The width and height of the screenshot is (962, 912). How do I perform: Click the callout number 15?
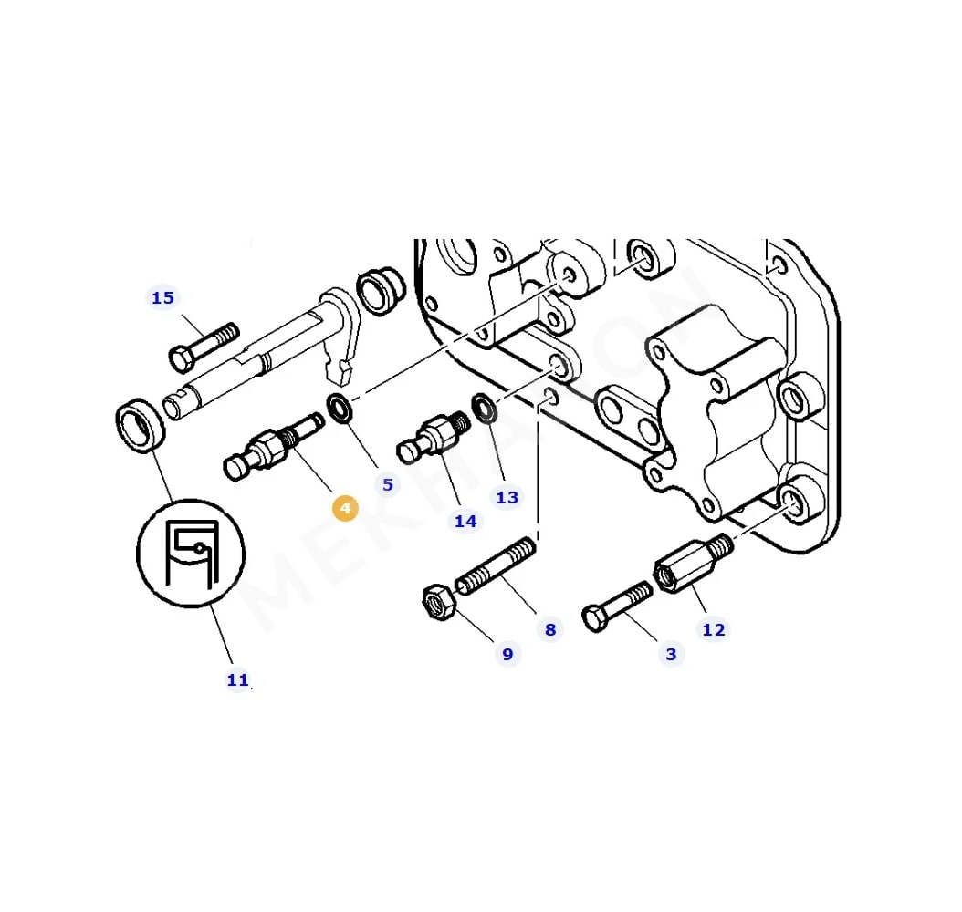click(x=162, y=298)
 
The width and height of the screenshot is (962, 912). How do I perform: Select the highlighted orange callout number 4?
click(x=345, y=509)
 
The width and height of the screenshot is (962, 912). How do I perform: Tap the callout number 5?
click(x=388, y=484)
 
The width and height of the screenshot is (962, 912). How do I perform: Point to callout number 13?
click(x=507, y=497)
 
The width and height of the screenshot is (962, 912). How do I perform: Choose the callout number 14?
click(x=465, y=521)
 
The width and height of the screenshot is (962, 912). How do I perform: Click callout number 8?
click(x=549, y=629)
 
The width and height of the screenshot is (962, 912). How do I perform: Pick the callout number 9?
click(x=507, y=654)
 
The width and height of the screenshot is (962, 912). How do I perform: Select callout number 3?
click(x=671, y=654)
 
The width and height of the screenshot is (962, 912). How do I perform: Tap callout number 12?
click(x=714, y=629)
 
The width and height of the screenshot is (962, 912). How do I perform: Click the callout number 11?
click(x=237, y=679)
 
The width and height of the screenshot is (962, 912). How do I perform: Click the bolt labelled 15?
click(x=204, y=347)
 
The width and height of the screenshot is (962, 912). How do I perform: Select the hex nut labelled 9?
click(x=436, y=603)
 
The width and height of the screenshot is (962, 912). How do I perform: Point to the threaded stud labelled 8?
click(x=495, y=566)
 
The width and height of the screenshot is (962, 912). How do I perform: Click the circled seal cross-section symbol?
click(x=191, y=553)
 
